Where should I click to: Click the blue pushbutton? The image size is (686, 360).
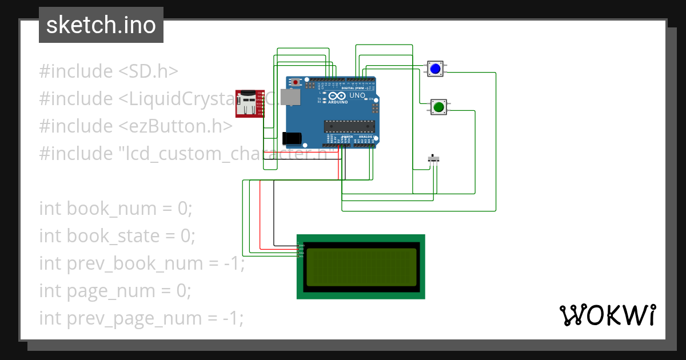[436, 69]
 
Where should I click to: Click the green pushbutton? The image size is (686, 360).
[439, 107]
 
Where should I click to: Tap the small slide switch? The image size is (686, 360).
[435, 159]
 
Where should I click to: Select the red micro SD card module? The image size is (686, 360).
[249, 103]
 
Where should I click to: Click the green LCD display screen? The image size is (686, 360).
[361, 267]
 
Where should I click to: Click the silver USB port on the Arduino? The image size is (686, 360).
[292, 98]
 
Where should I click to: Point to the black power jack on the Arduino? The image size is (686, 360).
[292, 138]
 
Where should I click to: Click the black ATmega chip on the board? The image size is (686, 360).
[349, 126]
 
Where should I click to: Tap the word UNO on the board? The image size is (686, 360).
[357, 96]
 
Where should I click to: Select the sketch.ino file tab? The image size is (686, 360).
[101, 25]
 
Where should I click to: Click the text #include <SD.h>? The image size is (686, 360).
[109, 71]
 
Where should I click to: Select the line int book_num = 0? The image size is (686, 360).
[116, 209]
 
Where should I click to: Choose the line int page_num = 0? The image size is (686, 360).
[115, 291]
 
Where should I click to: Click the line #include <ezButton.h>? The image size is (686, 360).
[136, 126]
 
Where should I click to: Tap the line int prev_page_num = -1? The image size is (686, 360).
[141, 318]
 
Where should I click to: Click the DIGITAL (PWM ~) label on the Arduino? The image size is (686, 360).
[354, 89]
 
